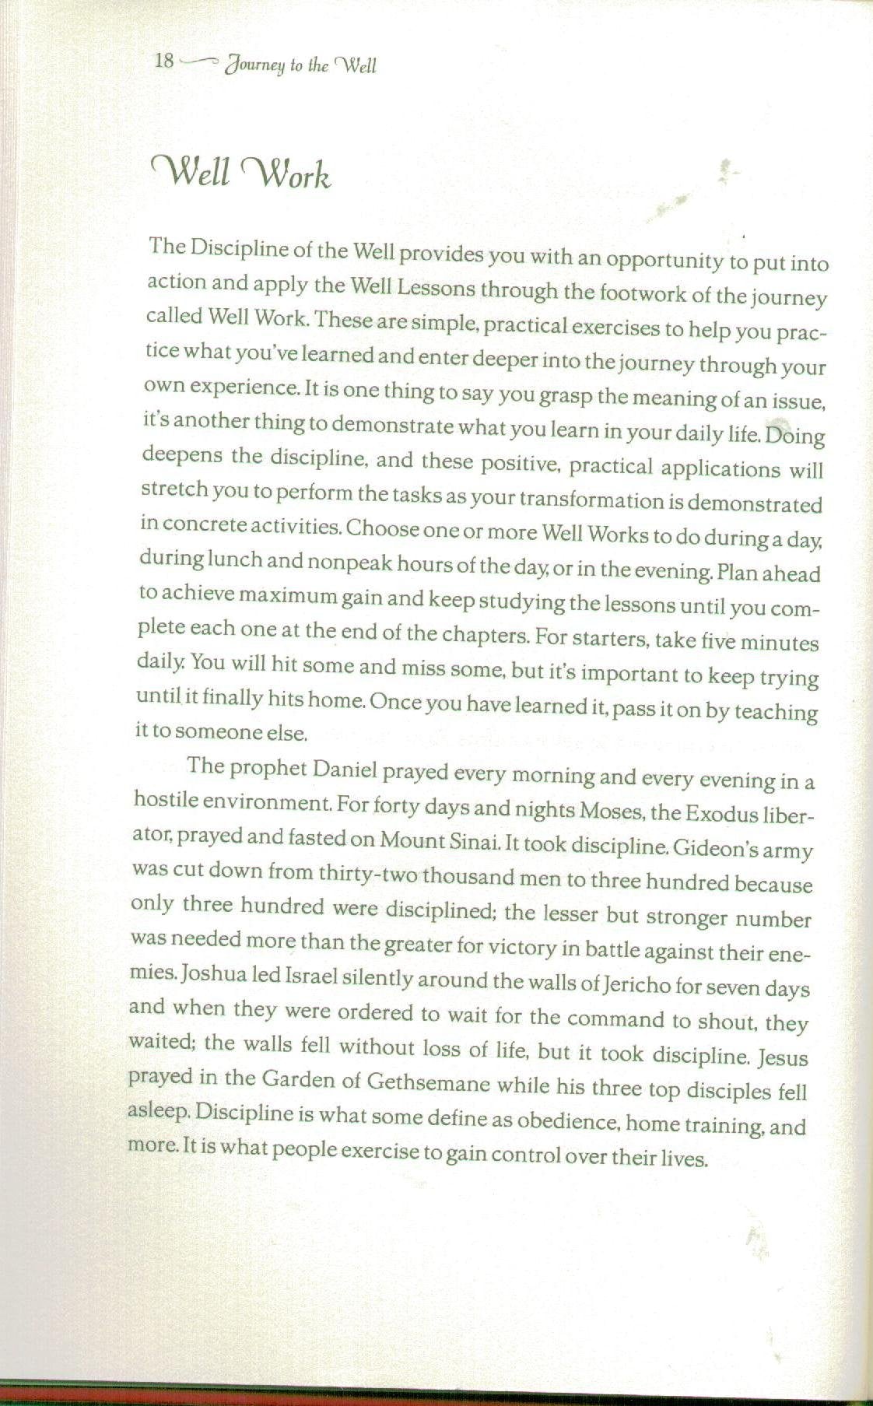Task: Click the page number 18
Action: coord(164,61)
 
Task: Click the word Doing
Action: coord(795,435)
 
